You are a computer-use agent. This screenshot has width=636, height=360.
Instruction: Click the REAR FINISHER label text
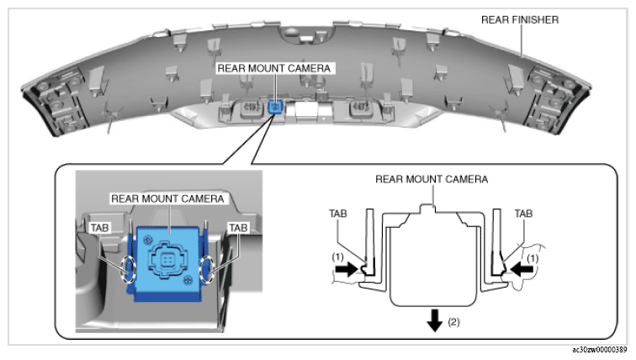(x=520, y=19)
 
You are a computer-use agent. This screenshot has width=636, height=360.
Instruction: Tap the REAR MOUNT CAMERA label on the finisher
(x=273, y=68)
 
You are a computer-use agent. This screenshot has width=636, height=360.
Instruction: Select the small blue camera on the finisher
(x=275, y=107)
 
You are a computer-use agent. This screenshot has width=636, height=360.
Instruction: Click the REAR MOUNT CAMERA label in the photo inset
(x=167, y=199)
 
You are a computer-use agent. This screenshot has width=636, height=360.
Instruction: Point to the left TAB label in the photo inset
(x=99, y=228)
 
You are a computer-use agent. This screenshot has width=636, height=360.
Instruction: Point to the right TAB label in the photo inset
(x=238, y=228)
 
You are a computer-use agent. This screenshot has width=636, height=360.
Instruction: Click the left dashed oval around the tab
(x=128, y=270)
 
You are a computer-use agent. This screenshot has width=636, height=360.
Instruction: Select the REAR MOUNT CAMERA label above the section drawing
(x=432, y=179)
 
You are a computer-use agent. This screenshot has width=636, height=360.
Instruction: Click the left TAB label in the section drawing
(x=338, y=214)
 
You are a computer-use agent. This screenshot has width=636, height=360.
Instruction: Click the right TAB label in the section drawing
(x=523, y=214)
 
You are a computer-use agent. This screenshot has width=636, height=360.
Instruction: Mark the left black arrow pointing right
(x=347, y=269)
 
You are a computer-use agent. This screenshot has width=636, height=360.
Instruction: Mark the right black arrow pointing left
(x=522, y=269)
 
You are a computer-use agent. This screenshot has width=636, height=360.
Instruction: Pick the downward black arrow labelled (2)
(x=434, y=320)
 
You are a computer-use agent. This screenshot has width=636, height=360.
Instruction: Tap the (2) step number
(x=454, y=322)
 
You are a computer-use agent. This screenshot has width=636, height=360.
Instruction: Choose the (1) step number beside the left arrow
(x=337, y=257)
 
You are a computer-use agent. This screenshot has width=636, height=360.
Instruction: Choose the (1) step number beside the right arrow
(x=533, y=258)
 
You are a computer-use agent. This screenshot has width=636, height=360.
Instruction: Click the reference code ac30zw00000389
(x=600, y=350)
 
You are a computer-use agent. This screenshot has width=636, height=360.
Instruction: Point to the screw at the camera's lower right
(x=188, y=280)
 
